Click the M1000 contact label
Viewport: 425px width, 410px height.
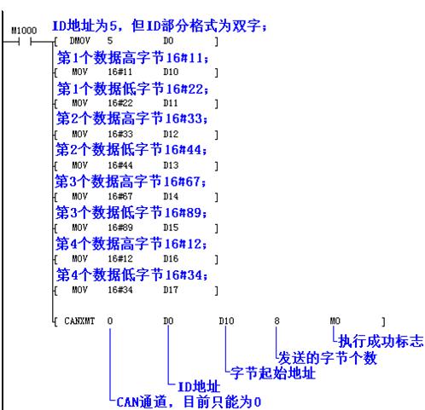(24, 31)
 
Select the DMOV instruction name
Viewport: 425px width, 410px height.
(79, 41)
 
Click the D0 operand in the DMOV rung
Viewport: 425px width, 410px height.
(168, 41)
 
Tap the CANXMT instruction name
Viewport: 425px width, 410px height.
(79, 321)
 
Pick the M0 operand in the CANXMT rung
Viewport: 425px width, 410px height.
(335, 321)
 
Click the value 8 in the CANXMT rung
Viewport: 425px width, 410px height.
(277, 321)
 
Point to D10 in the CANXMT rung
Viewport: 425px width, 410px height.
(226, 321)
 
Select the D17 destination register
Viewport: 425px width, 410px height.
(171, 290)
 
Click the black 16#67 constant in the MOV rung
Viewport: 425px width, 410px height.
(120, 197)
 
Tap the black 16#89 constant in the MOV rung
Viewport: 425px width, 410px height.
(120, 228)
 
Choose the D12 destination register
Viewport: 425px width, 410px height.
(171, 135)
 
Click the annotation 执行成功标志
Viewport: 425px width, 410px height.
(381, 341)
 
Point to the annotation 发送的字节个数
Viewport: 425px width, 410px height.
(328, 358)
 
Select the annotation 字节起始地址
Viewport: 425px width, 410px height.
(273, 373)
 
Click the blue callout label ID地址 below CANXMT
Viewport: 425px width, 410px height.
(199, 387)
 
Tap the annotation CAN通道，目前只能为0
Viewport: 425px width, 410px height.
(189, 402)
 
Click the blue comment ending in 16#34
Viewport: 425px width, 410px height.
(132, 275)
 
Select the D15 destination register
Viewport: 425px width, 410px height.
(171, 228)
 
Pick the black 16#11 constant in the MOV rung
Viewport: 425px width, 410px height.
(120, 72)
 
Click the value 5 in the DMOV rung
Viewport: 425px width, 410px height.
(110, 41)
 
